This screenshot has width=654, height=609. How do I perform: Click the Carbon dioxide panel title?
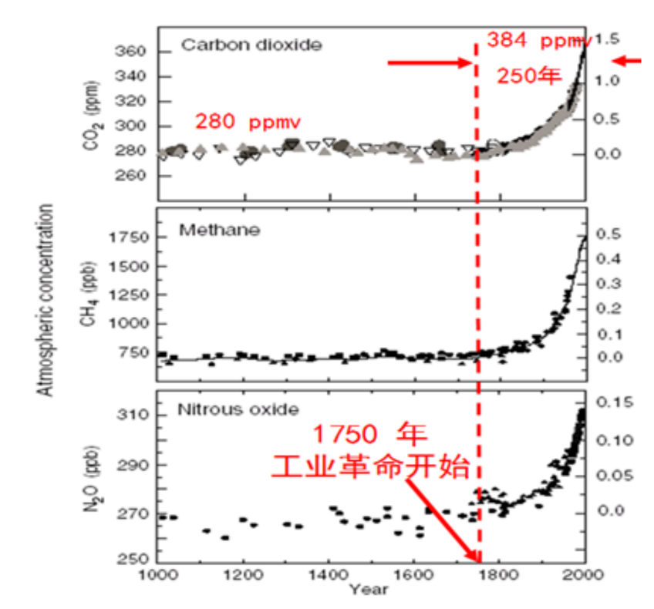251,45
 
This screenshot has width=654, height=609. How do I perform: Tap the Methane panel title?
220,230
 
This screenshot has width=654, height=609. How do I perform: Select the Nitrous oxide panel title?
238,410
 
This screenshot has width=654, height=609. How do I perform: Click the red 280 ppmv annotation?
248,122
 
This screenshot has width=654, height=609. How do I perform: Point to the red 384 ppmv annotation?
539,40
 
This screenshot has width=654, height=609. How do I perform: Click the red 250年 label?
529,76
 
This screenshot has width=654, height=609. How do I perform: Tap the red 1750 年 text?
370,433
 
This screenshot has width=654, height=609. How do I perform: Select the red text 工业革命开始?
371,466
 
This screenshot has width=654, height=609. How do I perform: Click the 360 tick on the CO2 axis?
130,52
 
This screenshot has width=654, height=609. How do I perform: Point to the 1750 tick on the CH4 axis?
129,237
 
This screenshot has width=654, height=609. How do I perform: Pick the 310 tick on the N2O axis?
132,415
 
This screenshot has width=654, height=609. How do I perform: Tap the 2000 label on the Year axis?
583,575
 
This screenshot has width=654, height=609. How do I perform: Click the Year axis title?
369,590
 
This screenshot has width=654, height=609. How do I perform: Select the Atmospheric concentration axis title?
45,300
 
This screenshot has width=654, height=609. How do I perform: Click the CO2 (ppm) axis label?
92,116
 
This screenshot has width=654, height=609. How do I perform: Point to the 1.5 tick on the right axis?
607,39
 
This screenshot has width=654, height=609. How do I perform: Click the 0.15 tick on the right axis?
615,402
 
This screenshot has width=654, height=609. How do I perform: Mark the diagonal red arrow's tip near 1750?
480,562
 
